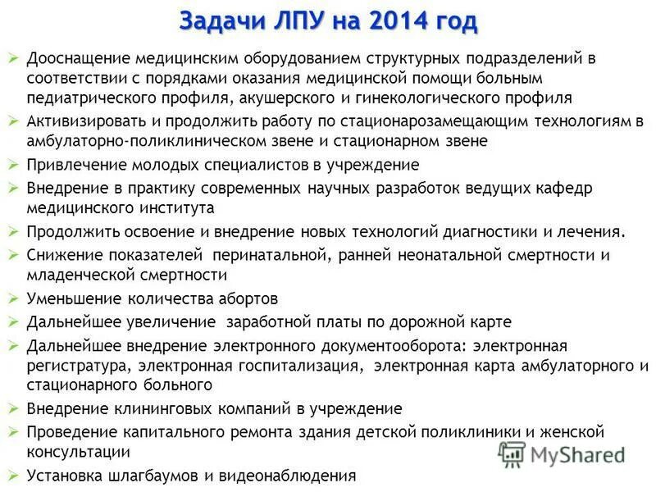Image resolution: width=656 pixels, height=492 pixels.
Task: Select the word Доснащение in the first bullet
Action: click(75, 59)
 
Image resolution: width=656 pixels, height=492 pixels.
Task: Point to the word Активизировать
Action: click(84, 121)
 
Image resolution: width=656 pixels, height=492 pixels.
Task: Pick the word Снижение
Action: click(63, 254)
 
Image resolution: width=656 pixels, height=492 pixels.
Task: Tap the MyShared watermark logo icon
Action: click(512, 453)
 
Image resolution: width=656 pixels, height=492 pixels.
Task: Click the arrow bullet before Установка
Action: click(12, 474)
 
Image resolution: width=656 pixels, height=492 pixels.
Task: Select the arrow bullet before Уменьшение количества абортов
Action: click(12, 297)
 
